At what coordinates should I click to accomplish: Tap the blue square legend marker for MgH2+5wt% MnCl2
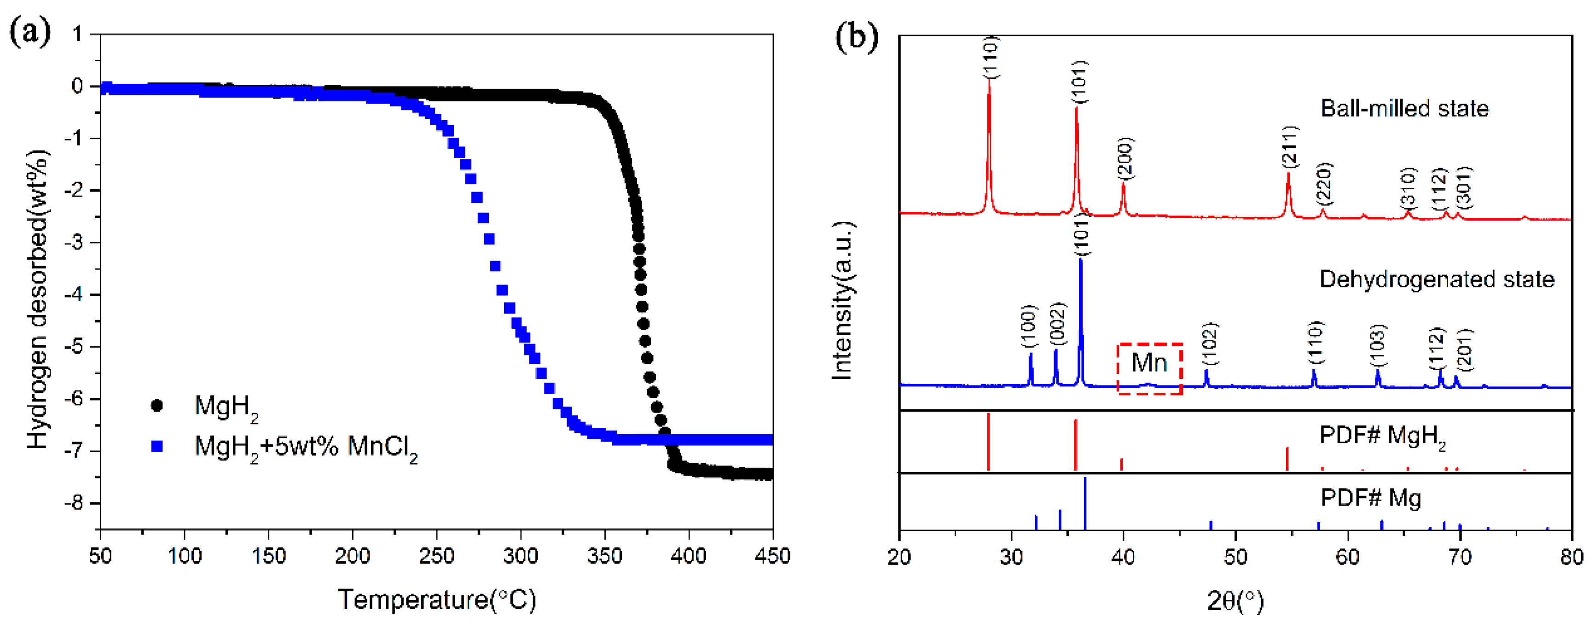[157, 446]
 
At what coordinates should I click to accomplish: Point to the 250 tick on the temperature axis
[436, 555]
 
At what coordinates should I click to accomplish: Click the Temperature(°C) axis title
[437, 600]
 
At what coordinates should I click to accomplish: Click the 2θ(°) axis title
[1235, 600]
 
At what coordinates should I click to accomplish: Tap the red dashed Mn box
[1149, 369]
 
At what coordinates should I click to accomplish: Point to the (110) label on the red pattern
[991, 57]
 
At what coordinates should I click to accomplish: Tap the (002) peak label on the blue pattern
[1058, 324]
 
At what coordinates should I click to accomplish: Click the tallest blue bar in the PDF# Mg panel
[1085, 502]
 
